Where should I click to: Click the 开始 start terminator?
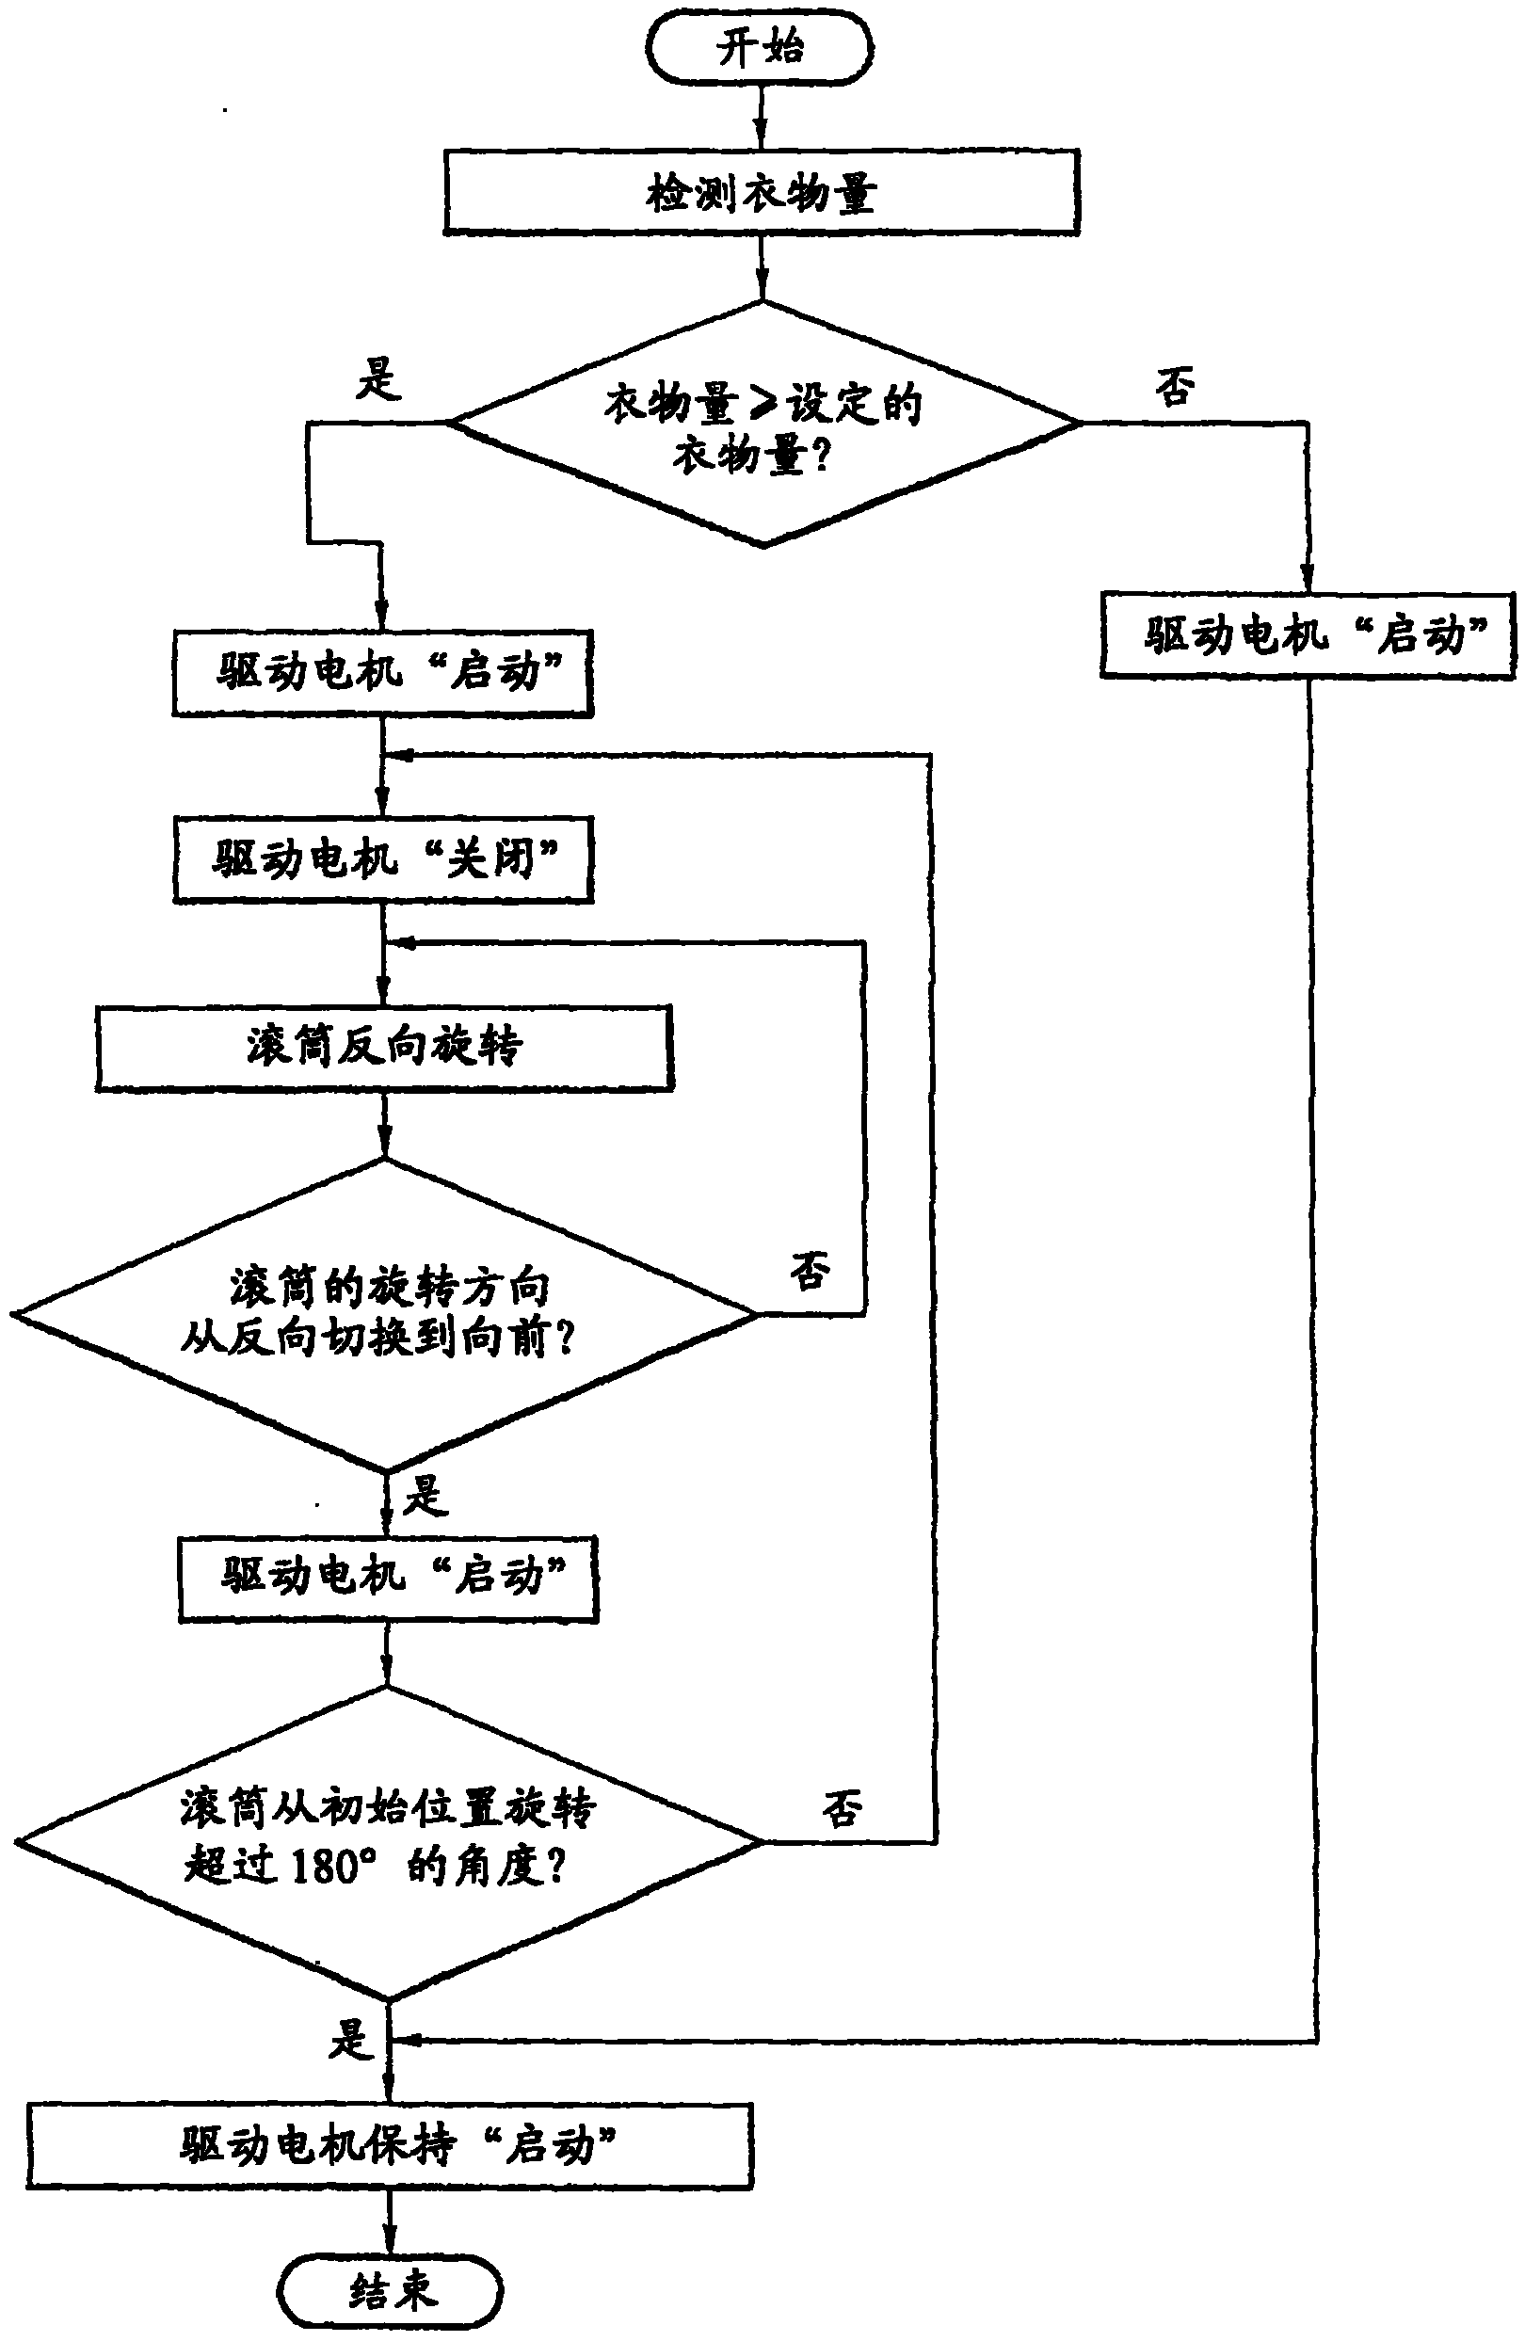[x=760, y=47]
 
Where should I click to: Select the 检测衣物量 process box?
[x=761, y=193]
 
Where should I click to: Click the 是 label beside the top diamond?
[x=378, y=378]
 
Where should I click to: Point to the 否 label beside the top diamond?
[x=1175, y=386]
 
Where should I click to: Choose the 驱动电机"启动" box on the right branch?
[x=1308, y=635]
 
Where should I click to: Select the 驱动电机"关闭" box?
[x=384, y=858]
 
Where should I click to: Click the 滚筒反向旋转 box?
[x=384, y=1048]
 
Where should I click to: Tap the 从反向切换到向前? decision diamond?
[x=384, y=1313]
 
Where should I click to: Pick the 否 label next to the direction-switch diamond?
[x=810, y=1270]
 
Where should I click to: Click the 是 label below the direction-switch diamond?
[x=425, y=1496]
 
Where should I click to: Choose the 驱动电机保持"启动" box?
[x=390, y=2145]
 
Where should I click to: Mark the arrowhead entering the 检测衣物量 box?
[x=761, y=137]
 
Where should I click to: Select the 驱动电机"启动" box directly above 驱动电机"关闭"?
[x=383, y=674]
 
